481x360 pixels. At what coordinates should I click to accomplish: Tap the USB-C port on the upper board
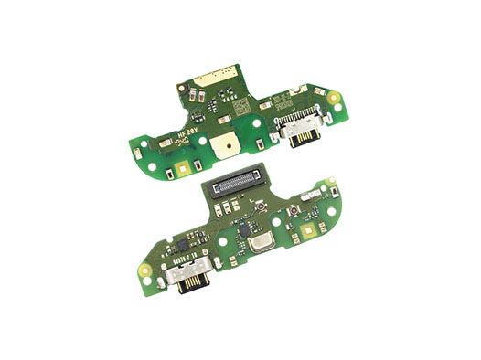click(x=300, y=133)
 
